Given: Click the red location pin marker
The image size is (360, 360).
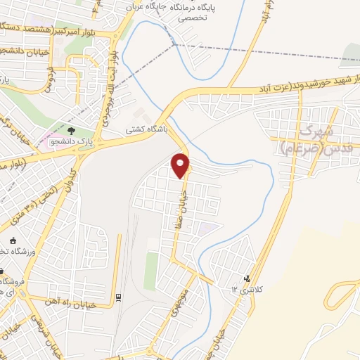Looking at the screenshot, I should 181,165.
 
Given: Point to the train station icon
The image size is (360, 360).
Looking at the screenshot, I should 118,296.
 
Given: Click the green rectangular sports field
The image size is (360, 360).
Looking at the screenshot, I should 151,271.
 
